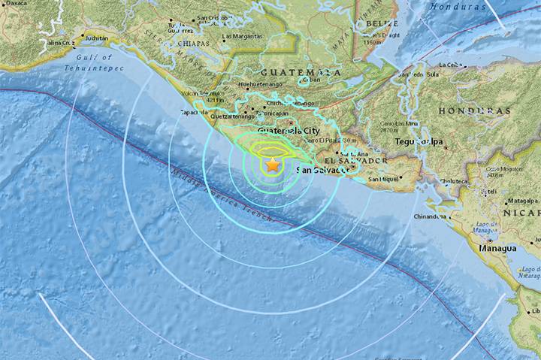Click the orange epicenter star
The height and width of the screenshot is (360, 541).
pyautogui.click(x=272, y=164)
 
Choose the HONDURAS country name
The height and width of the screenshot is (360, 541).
pyautogui.click(x=464, y=110)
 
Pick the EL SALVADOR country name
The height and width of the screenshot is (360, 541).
pyautogui.click(x=356, y=161)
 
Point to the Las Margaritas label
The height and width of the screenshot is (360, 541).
pyautogui.click(x=242, y=36)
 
